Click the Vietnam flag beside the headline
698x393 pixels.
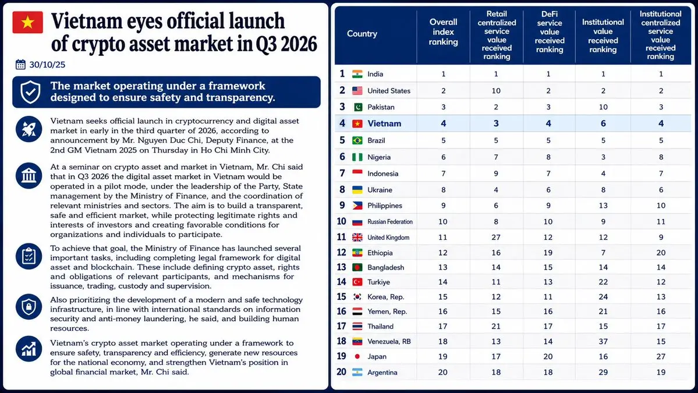coord(27,22)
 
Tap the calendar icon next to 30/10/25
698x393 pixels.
coord(20,65)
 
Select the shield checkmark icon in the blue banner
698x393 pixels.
coord(30,91)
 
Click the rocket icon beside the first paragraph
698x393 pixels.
coord(29,129)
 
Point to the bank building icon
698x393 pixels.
coord(29,175)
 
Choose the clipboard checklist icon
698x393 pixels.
coord(29,256)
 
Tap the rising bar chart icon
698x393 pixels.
coord(29,349)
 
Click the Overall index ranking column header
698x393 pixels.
coord(443,32)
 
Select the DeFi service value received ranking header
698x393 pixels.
coord(550,32)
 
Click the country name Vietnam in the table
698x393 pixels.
coord(384,123)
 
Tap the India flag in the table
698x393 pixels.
coord(357,74)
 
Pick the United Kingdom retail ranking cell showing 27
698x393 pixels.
coord(496,237)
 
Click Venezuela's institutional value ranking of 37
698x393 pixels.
coord(603,341)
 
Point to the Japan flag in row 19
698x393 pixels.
coord(357,356)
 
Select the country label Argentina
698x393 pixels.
coord(382,373)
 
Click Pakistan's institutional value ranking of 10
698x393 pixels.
coord(603,107)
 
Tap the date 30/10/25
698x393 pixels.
coord(47,65)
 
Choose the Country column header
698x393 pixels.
coord(362,33)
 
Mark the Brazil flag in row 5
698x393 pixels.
coord(357,140)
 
